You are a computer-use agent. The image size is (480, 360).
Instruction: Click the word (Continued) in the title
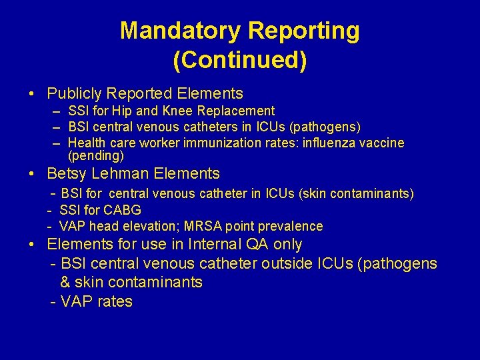click(240, 60)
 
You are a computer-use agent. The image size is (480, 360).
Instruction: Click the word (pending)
click(96, 156)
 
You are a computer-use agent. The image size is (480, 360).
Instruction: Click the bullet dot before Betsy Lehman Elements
click(32, 174)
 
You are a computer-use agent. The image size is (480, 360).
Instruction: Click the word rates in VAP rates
click(114, 302)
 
